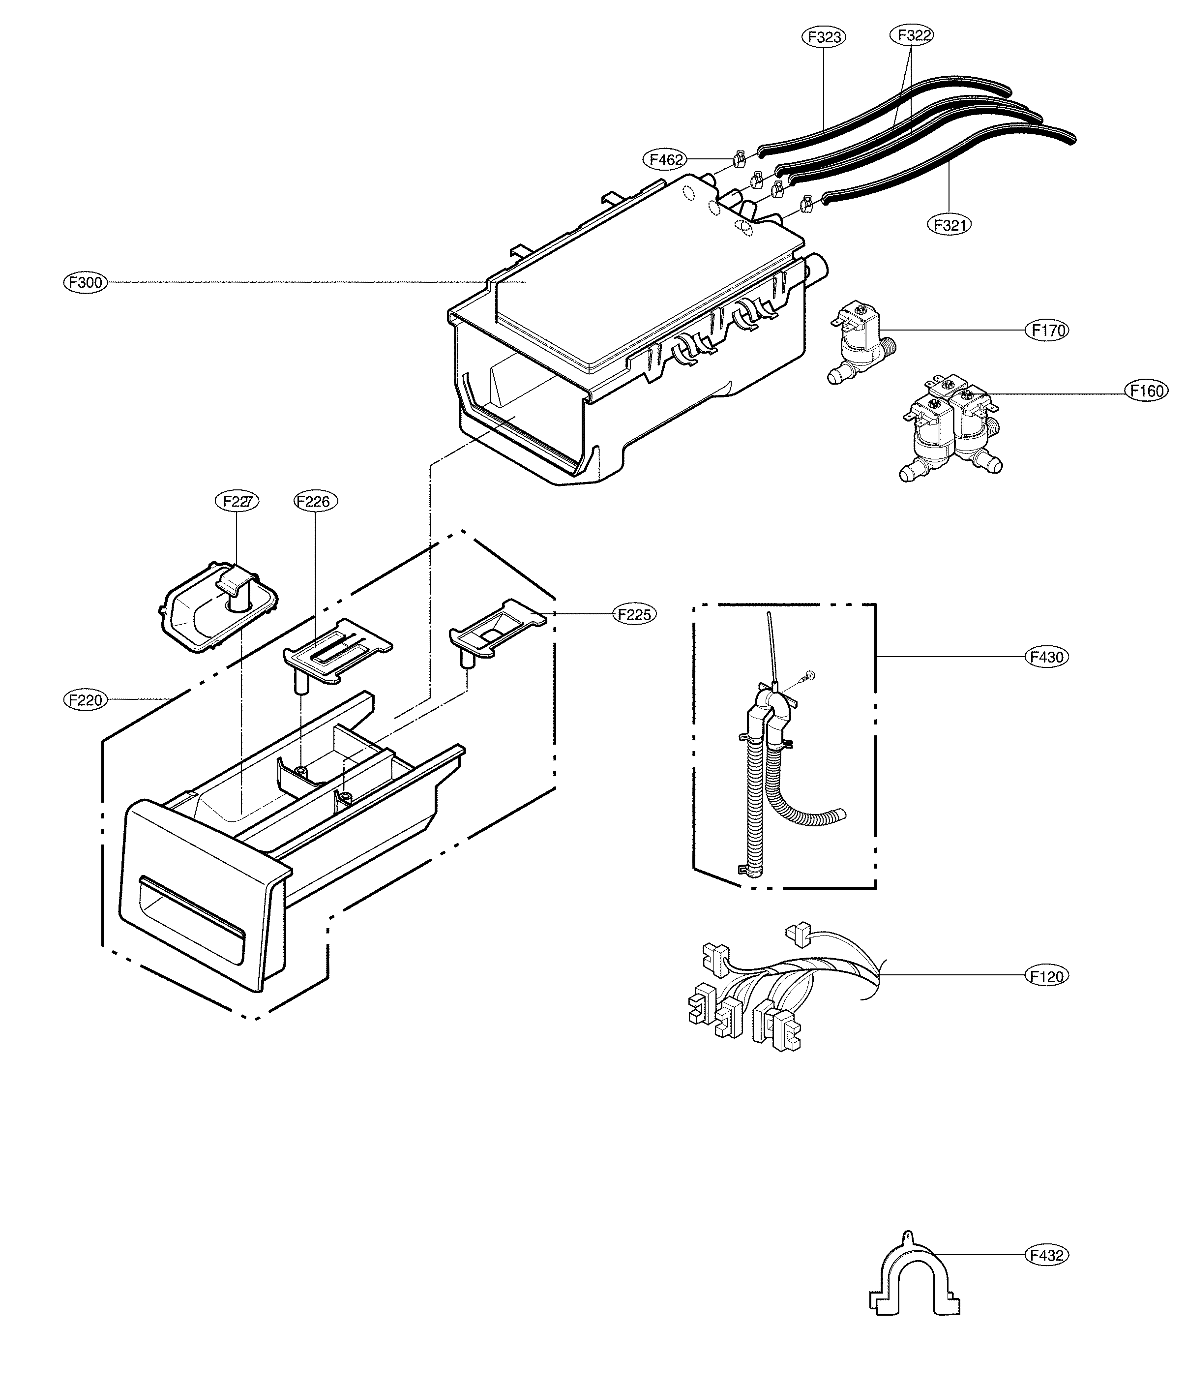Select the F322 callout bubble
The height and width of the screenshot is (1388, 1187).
click(x=912, y=35)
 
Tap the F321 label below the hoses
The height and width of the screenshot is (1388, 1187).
click(x=949, y=224)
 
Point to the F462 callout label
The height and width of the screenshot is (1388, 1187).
click(x=664, y=159)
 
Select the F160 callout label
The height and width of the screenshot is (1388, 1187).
click(x=1146, y=391)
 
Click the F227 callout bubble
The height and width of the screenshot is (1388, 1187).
click(x=237, y=501)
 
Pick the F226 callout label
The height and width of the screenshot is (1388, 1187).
click(x=316, y=501)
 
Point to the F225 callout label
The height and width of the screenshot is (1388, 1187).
click(x=634, y=614)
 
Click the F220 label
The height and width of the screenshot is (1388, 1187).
click(x=85, y=700)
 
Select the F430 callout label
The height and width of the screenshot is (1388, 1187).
click(x=1047, y=657)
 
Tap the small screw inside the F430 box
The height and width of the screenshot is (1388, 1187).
click(x=810, y=675)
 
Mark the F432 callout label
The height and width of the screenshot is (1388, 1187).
click(x=1047, y=1255)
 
